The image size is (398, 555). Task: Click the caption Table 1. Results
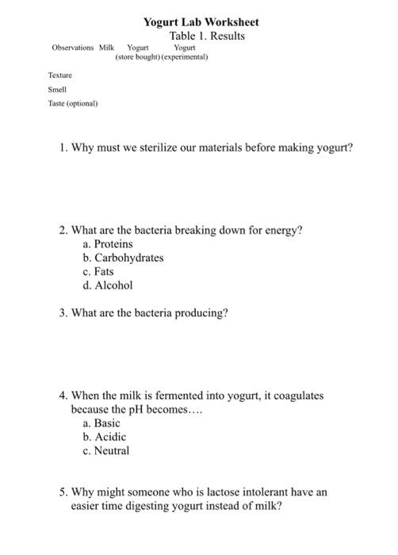click(207, 36)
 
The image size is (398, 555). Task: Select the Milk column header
click(107, 48)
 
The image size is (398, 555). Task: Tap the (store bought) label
click(137, 58)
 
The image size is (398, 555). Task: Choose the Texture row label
click(60, 75)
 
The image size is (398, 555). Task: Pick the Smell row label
click(57, 89)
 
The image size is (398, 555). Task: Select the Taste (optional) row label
click(73, 103)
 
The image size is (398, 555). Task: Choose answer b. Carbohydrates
click(123, 258)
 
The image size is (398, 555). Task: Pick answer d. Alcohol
click(107, 285)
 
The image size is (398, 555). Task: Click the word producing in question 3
click(204, 313)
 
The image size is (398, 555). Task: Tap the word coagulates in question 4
click(297, 396)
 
